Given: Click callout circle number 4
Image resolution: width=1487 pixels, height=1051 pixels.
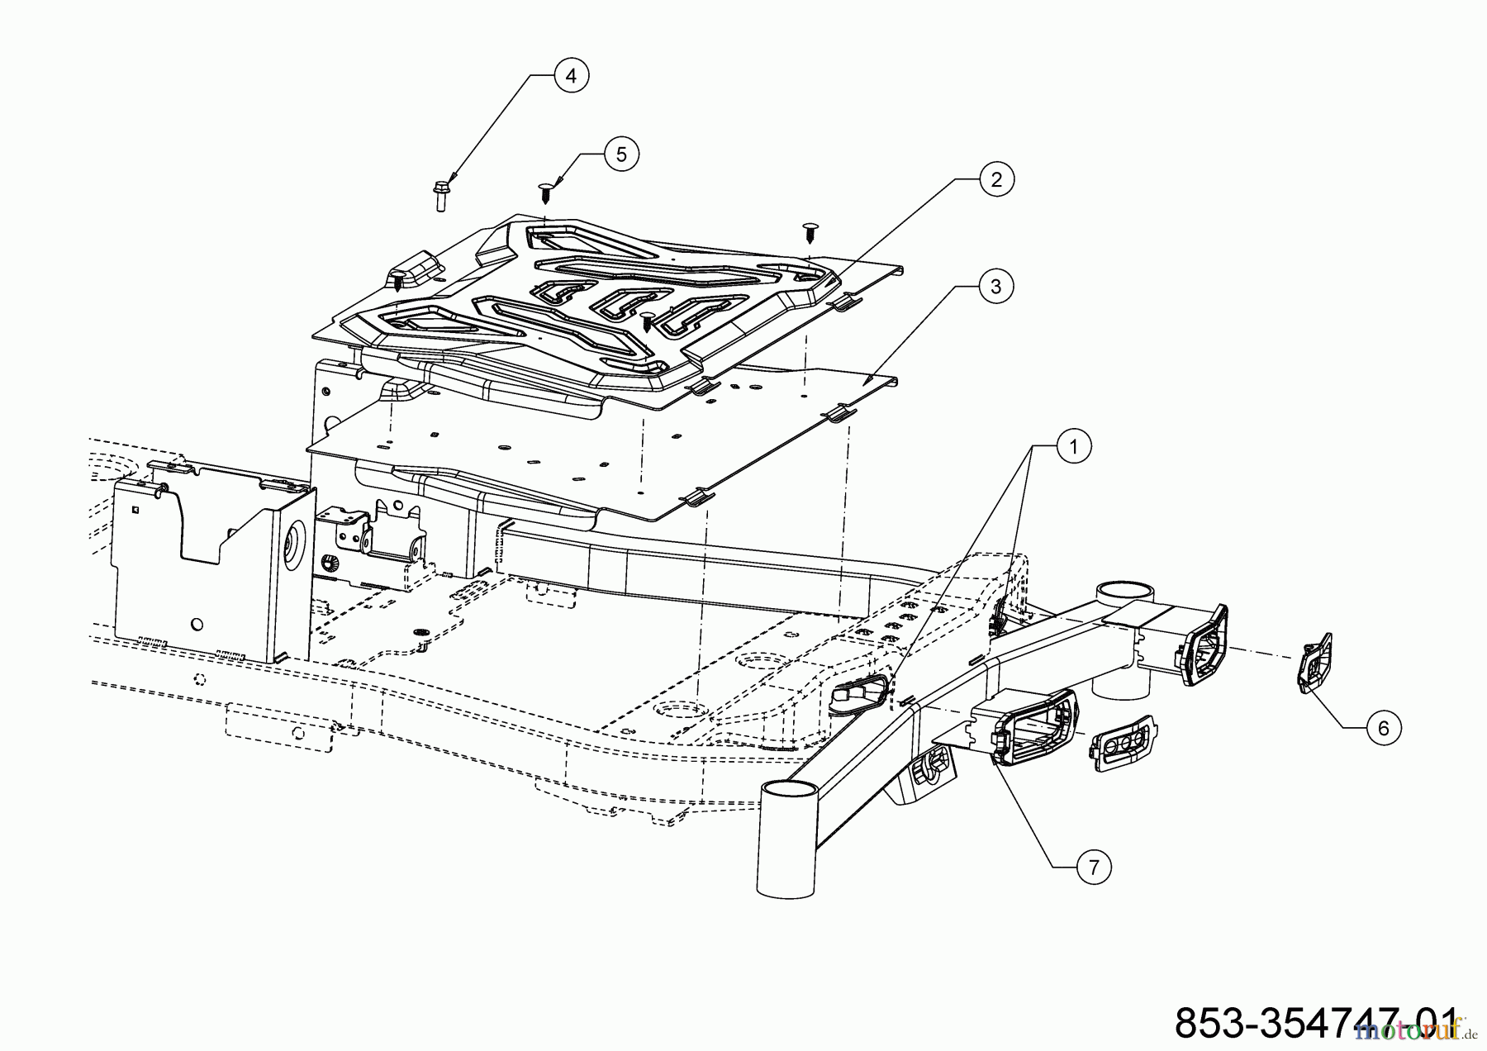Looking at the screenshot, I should (x=571, y=75).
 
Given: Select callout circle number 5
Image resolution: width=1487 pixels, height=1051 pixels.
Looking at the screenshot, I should (x=621, y=154).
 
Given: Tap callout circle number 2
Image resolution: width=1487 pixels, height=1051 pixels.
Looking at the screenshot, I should (x=996, y=179).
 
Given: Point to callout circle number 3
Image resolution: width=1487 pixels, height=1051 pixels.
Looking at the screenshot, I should (x=995, y=286).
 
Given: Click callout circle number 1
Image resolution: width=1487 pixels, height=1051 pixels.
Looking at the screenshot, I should (x=1074, y=447).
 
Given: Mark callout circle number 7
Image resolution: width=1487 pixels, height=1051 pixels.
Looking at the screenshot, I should (x=1094, y=867).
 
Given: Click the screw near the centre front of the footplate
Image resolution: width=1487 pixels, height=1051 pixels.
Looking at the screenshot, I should (x=647, y=321).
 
